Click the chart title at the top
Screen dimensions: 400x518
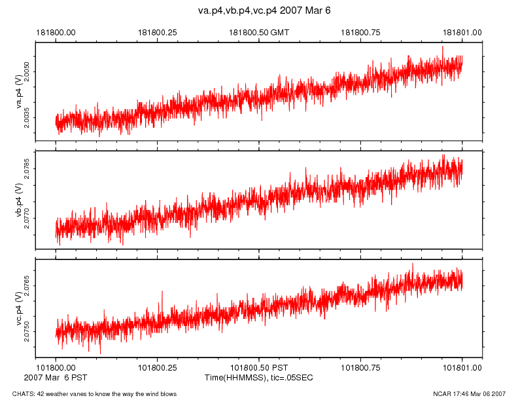259,11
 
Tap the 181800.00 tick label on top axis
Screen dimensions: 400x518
56,31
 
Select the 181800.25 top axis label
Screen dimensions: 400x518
157,31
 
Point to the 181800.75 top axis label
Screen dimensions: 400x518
361,31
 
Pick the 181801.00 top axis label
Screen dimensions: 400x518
462,31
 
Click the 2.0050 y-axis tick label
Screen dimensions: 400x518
27,68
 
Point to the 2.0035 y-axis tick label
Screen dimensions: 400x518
27,118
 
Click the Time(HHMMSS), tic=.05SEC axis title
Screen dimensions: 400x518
259,378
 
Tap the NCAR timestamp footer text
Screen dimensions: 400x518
469,393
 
